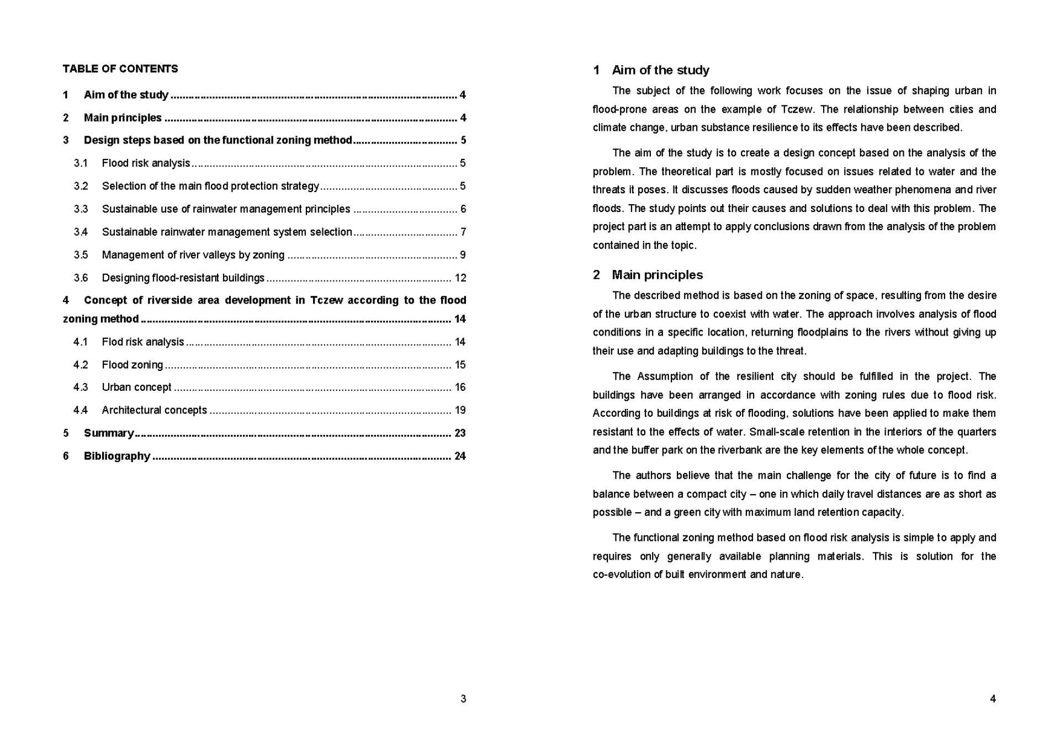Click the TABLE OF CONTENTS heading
[120, 69]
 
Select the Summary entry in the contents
[109, 433]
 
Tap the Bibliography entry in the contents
[116, 456]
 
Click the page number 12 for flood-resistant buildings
[460, 278]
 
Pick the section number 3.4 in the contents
[81, 232]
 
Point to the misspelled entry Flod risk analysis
[142, 342]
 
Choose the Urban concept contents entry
[136, 387]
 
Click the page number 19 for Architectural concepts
[460, 410]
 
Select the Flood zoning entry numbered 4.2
[132, 365]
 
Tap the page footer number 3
[463, 699]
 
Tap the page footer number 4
[993, 699]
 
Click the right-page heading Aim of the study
[660, 70]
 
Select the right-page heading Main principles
[657, 275]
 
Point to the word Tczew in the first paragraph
[797, 109]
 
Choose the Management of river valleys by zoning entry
[193, 255]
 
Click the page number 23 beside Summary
[460, 433]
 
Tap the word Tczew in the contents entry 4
[326, 300]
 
